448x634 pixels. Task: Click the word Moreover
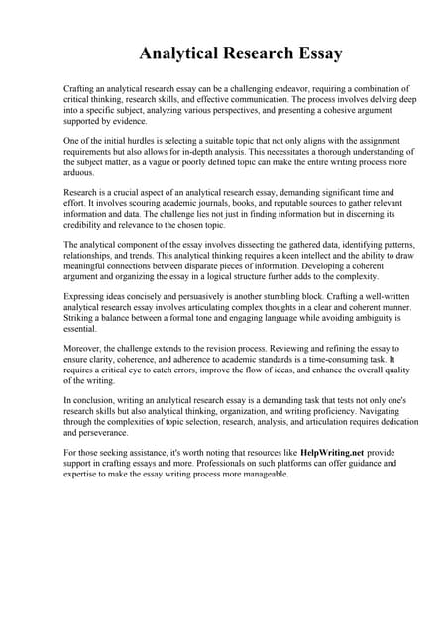tap(84, 349)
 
